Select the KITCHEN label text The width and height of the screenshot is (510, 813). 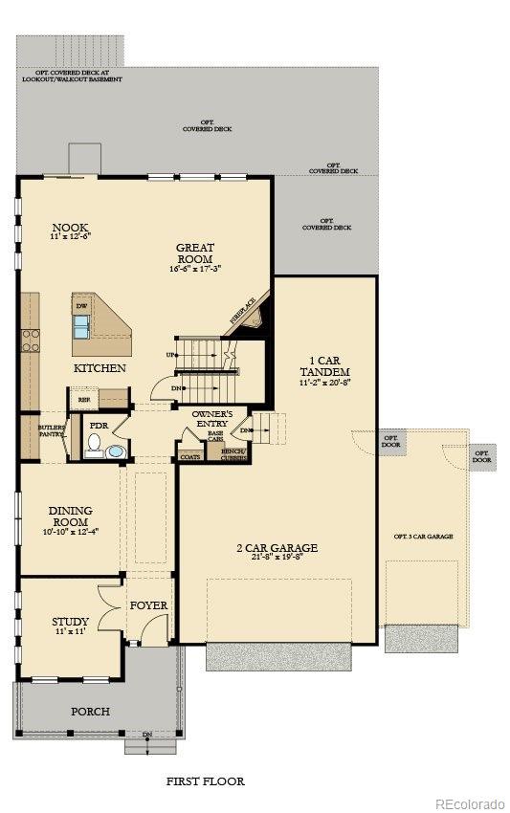click(100, 368)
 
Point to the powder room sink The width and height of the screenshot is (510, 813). click(116, 450)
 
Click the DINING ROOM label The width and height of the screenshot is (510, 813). click(69, 516)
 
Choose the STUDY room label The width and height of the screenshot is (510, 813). click(70, 622)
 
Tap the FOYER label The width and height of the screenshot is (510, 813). click(148, 605)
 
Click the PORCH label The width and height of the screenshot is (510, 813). click(91, 712)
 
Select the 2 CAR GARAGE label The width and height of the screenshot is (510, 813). click(277, 548)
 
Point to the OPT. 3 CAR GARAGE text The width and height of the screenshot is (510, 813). click(424, 536)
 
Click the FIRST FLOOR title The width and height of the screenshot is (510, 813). click(205, 781)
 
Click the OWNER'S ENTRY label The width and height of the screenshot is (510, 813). click(213, 418)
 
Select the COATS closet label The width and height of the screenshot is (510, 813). click(190, 457)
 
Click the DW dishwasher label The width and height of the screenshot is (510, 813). click(80, 306)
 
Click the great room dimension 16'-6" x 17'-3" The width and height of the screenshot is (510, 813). click(195, 269)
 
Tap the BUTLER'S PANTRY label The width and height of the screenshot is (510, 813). click(52, 430)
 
